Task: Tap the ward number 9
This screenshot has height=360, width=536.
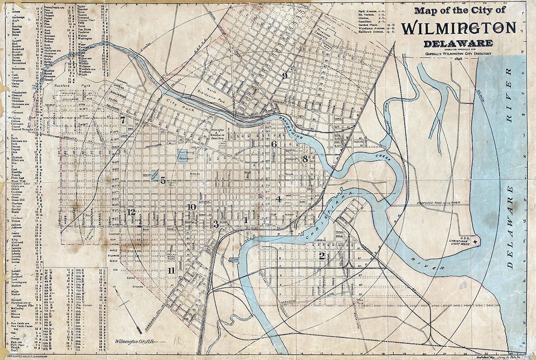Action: click(285, 75)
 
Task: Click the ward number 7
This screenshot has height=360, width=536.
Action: click(123, 120)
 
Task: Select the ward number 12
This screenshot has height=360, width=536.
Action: click(131, 212)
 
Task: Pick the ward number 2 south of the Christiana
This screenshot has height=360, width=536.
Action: click(322, 256)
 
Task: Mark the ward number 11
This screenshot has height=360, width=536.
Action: click(171, 271)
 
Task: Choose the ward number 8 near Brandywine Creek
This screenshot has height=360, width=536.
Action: click(305, 159)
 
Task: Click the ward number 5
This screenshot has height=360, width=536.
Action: click(163, 181)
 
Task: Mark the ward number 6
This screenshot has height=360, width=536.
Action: click(273, 144)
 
